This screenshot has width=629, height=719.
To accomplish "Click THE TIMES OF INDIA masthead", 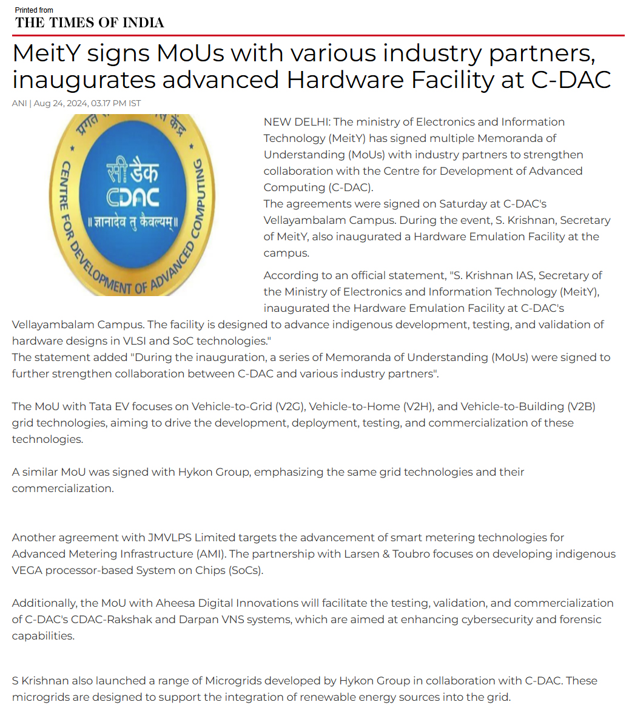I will click(x=90, y=23).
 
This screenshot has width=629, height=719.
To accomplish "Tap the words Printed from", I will click(x=34, y=10).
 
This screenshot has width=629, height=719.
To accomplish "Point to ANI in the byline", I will click(x=19, y=103).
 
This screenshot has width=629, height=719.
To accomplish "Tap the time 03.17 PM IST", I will click(x=116, y=103).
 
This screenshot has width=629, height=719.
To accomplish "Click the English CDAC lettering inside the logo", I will click(x=133, y=198).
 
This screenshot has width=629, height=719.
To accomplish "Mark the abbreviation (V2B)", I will click(x=581, y=407).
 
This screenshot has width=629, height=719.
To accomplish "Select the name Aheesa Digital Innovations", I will click(x=227, y=603).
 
